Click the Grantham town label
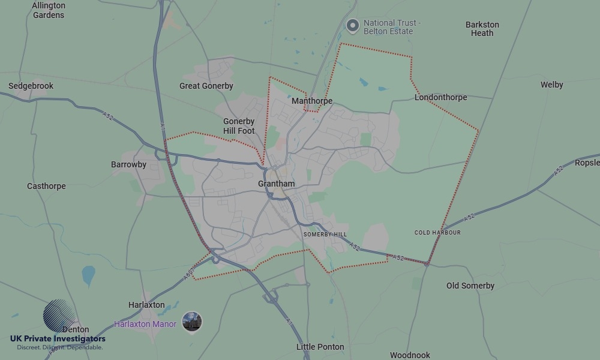(x=276, y=184)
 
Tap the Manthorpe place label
(x=311, y=101)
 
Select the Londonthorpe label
(x=440, y=97)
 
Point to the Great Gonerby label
(x=206, y=86)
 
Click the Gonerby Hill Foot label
(x=239, y=126)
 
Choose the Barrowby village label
(x=128, y=164)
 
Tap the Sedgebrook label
(x=31, y=86)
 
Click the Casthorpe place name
(x=46, y=186)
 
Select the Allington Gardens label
(x=49, y=10)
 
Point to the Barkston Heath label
(x=482, y=29)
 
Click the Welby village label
(x=551, y=85)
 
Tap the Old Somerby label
(x=470, y=286)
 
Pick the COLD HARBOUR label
(x=437, y=232)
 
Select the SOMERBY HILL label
(x=325, y=234)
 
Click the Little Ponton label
(x=320, y=347)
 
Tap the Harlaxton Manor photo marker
(x=192, y=322)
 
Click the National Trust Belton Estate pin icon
(x=353, y=25)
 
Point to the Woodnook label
(x=410, y=355)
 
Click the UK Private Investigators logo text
(x=58, y=339)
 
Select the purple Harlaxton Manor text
(x=145, y=324)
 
